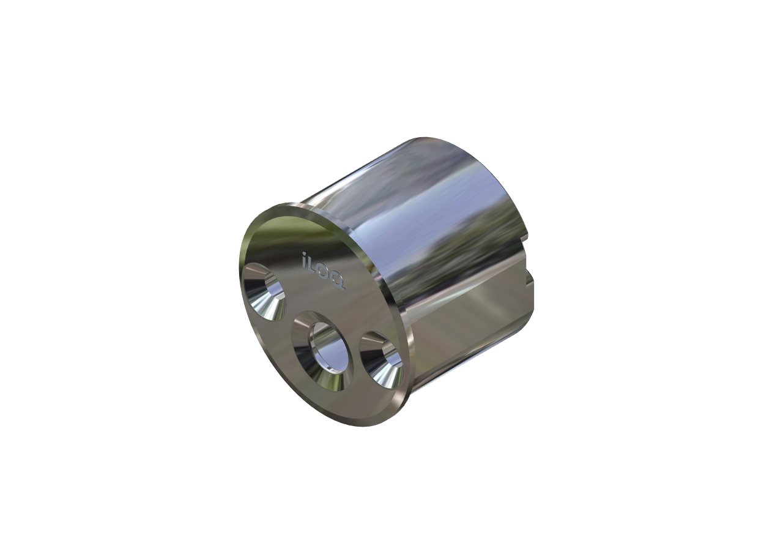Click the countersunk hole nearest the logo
pyautogui.click(x=264, y=292)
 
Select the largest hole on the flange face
pyautogui.click(x=322, y=351)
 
